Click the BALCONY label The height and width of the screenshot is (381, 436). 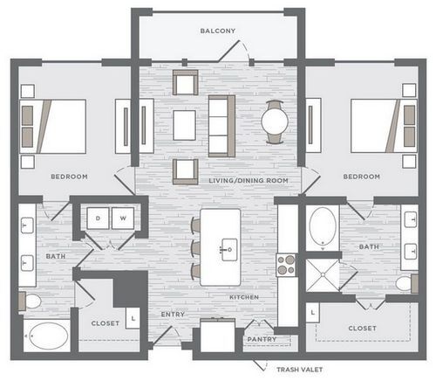218,31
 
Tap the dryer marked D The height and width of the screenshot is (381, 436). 98,218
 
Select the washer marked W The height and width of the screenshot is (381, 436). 123,218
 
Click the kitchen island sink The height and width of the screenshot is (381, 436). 229,250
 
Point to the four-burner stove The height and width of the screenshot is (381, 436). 286,265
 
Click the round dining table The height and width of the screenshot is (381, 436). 275,121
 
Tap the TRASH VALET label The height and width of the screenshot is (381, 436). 300,370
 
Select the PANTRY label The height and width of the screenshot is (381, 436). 262,339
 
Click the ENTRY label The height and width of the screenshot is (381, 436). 173,315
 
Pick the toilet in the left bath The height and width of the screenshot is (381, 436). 30,301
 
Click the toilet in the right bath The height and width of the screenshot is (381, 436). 407,283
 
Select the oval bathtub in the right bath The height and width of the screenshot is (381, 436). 323,226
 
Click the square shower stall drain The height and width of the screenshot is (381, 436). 323,274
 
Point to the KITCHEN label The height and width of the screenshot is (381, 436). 244,297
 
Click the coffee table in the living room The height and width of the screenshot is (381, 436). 184,125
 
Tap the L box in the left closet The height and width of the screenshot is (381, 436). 133,318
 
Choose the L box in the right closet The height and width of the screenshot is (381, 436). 313,313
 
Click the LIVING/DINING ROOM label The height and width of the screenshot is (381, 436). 249,181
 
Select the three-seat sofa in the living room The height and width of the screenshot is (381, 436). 221,126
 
